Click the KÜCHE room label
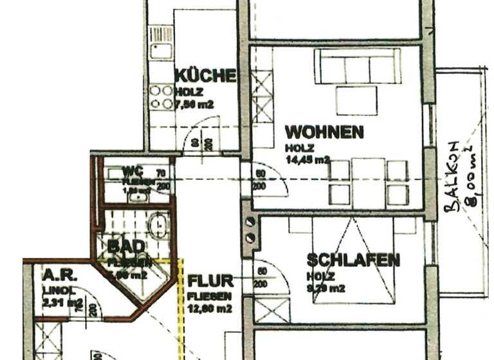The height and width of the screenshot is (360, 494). pyautogui.click(x=205, y=76)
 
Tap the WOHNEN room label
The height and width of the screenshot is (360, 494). pyautogui.click(x=324, y=132)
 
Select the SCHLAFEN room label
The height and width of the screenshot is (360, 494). pyautogui.click(x=353, y=260)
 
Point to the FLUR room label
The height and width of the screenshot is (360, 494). pyautogui.click(x=210, y=282)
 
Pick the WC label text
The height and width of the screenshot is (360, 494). pyautogui.click(x=132, y=172)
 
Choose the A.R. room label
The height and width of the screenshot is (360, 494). pyautogui.click(x=60, y=275)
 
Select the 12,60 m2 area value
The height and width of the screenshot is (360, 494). pyautogui.click(x=210, y=309)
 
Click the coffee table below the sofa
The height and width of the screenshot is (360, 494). pyautogui.click(x=356, y=100)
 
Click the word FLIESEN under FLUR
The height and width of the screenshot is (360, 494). pyautogui.click(x=210, y=296)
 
